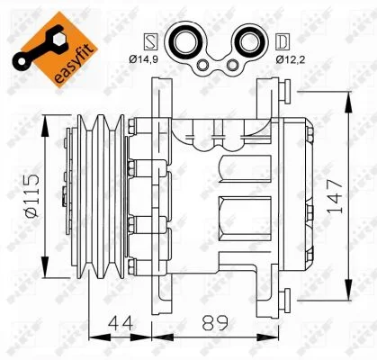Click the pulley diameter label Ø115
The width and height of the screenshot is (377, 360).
pyautogui.click(x=32, y=195)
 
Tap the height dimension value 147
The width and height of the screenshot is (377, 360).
pyautogui.click(x=335, y=196)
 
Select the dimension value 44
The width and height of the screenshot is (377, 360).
pyautogui.click(x=121, y=323)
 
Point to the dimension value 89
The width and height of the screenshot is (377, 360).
pyautogui.click(x=215, y=323)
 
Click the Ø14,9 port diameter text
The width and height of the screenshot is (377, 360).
pyautogui.click(x=143, y=59)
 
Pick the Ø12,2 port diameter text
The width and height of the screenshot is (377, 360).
pyautogui.click(x=291, y=59)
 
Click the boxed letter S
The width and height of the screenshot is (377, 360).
pyautogui.click(x=151, y=41)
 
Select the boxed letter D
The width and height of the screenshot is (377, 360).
pyautogui.click(x=283, y=41)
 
